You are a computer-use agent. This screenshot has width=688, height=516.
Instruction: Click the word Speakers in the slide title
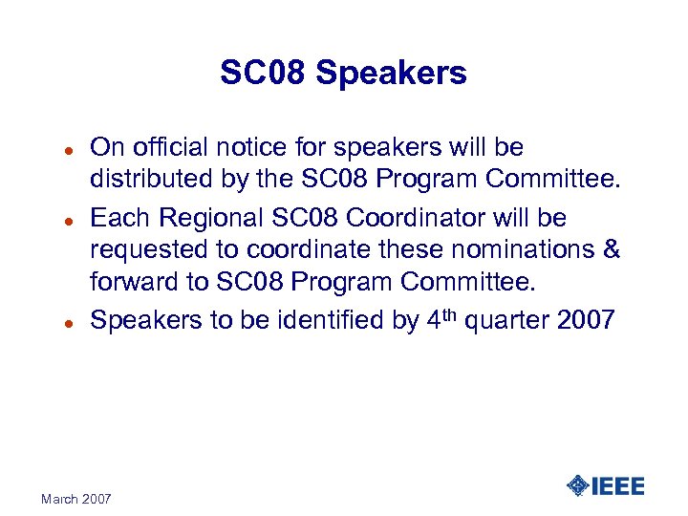pos(402,73)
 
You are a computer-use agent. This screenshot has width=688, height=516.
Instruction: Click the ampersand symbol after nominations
pos(613,251)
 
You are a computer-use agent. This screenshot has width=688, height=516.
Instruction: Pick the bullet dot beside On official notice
pos(57,150)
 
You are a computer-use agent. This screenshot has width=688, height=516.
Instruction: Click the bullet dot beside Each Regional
pos(57,219)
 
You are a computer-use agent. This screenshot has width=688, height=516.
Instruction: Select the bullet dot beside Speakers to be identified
pos(57,322)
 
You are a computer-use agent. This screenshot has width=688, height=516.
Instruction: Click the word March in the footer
pos(61,499)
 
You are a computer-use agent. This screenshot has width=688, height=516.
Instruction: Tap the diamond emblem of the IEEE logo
pos(577,485)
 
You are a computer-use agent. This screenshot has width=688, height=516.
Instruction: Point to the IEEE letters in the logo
pos(618,485)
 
